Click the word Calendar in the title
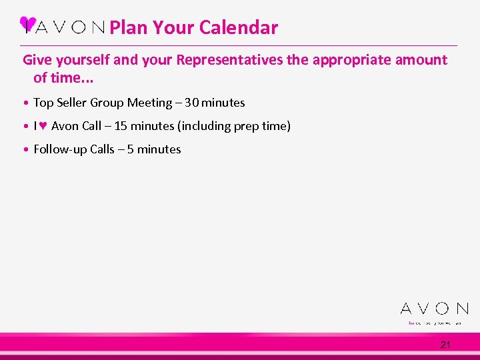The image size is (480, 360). (x=238, y=28)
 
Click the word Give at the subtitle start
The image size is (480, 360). (x=37, y=60)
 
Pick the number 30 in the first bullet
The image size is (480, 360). (x=191, y=103)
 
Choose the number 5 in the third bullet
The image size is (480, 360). (x=131, y=149)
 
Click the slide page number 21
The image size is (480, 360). (x=445, y=345)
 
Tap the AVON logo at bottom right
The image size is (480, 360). (x=434, y=309)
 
